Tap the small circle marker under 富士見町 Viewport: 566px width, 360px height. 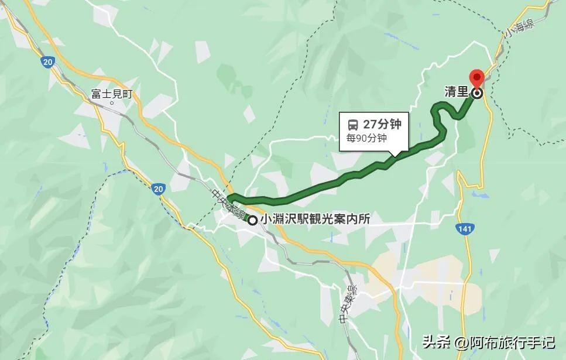pos(111,103)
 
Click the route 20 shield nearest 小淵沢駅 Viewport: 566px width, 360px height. pos(157,188)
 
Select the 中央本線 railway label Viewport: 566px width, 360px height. pos(225,202)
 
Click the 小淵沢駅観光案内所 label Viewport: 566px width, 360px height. pos(315,220)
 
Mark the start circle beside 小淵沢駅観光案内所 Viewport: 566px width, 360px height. pos(252,220)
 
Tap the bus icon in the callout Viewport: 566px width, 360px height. pos(353,124)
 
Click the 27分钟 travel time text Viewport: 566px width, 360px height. pos(382,124)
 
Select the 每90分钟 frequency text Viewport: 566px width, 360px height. pos(366,139)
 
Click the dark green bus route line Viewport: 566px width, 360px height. pos(328,181)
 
